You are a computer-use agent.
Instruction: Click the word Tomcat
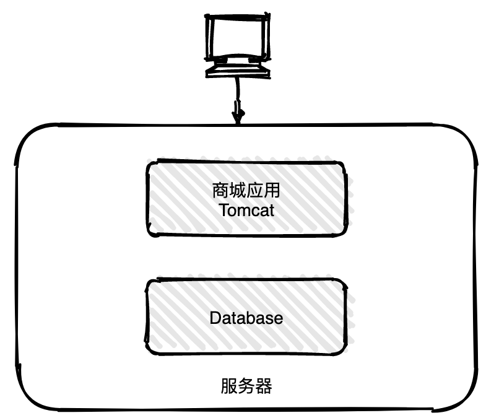click(x=246, y=211)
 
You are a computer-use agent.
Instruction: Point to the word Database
click(x=246, y=319)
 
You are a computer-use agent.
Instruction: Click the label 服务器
click(x=246, y=387)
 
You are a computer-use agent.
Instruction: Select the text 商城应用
click(x=246, y=190)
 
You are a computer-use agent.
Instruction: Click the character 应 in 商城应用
click(x=255, y=190)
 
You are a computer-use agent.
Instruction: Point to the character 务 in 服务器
click(x=246, y=387)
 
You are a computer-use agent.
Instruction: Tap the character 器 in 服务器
click(x=264, y=387)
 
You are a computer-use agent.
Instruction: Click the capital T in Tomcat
click(x=223, y=211)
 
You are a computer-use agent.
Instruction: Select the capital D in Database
click(x=215, y=319)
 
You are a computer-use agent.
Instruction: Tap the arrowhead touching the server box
click(x=238, y=116)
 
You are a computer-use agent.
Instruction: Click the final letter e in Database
click(x=278, y=320)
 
